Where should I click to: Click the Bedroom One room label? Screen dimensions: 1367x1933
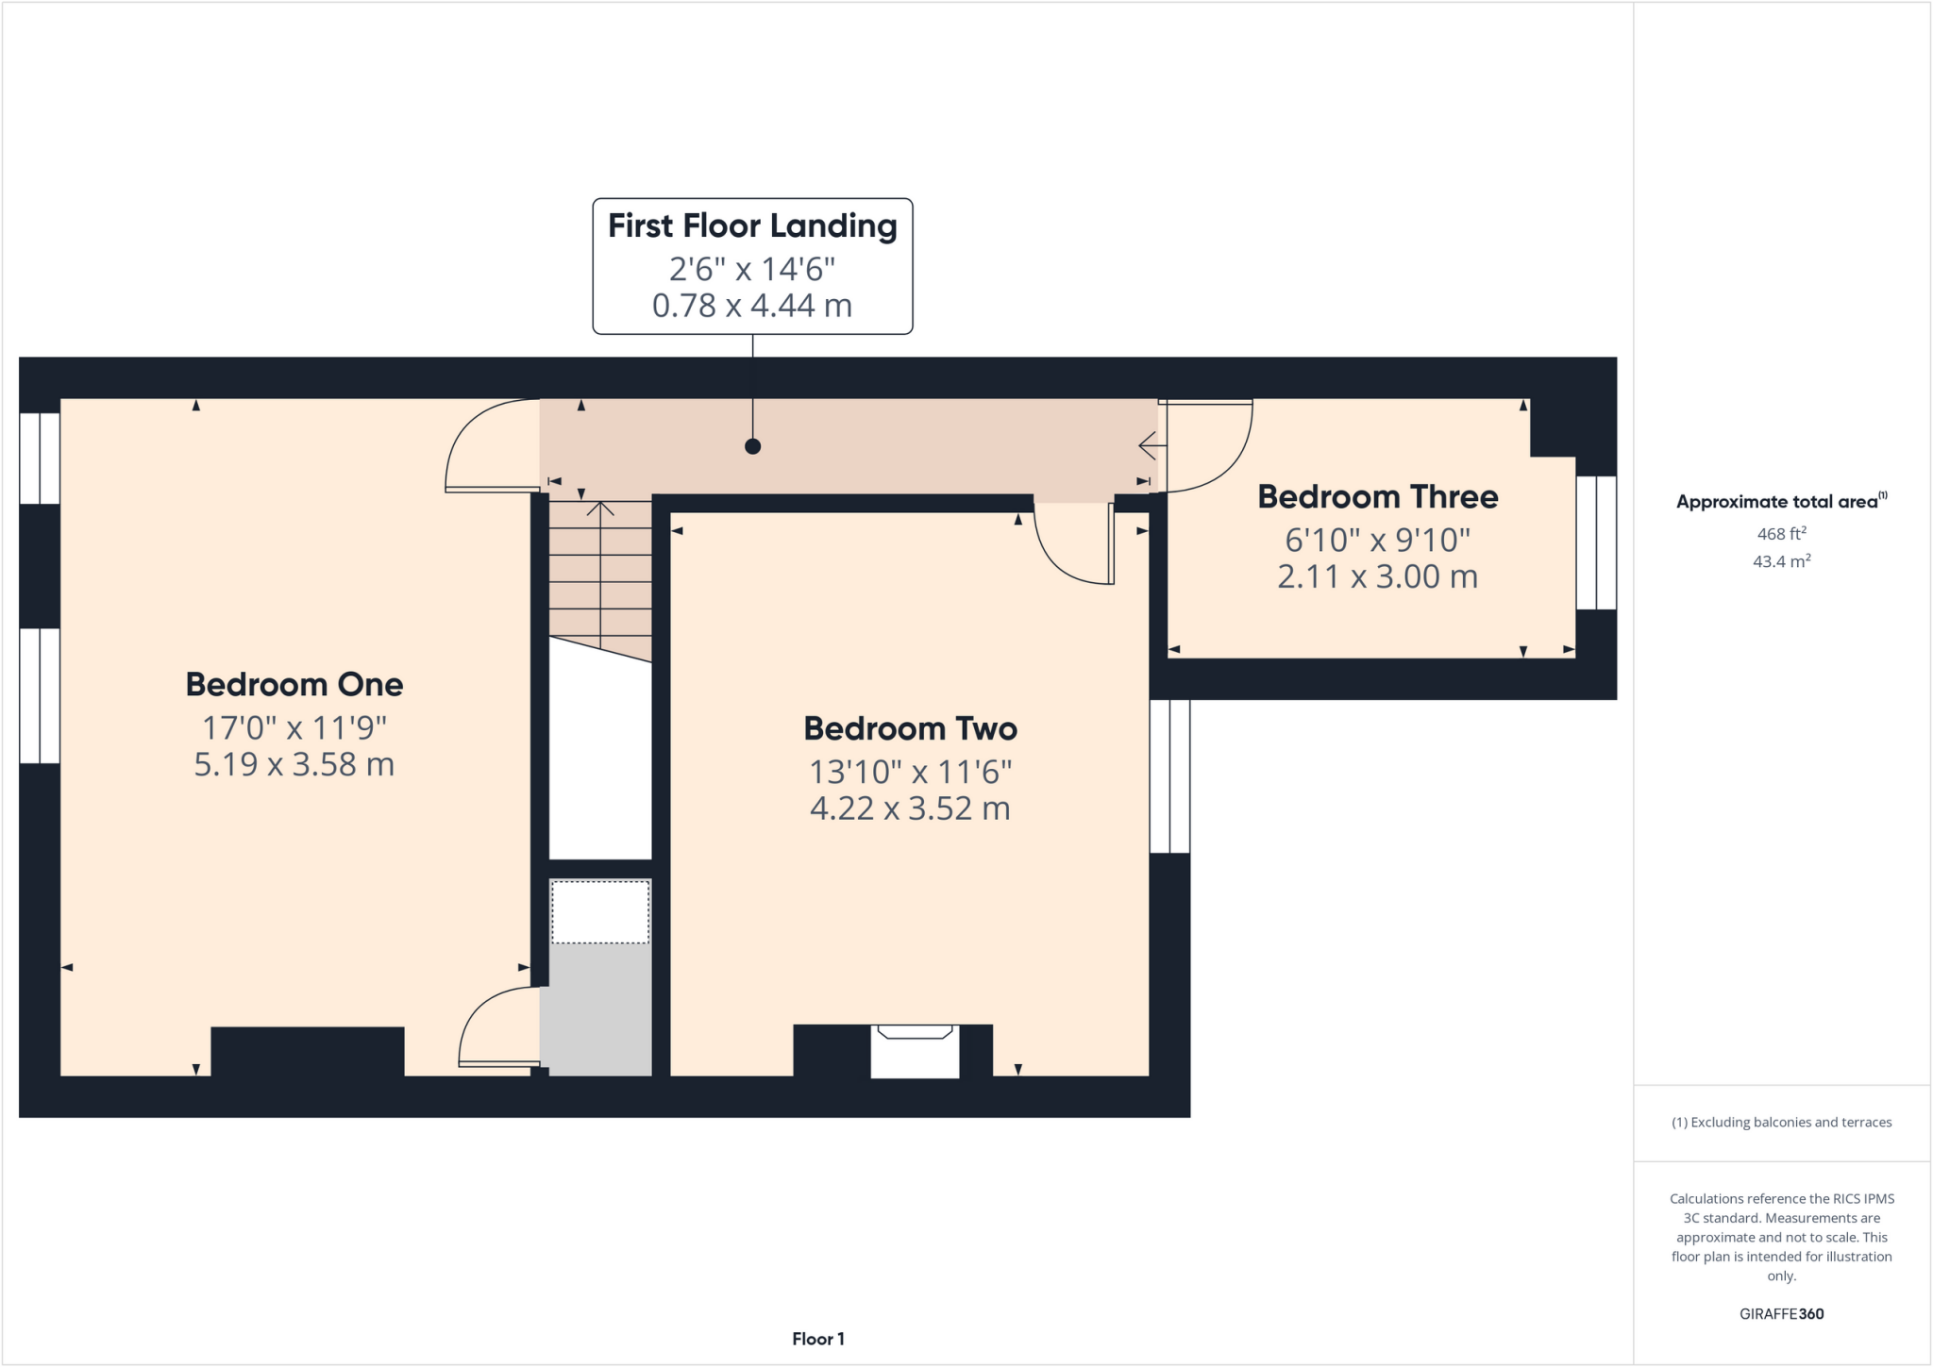coord(294,685)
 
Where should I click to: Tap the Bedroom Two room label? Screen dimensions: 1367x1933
coord(910,728)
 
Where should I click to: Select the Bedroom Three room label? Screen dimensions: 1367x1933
coord(1377,497)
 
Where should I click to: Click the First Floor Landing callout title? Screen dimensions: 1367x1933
coord(752,226)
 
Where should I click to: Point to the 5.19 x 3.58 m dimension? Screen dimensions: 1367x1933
coord(294,764)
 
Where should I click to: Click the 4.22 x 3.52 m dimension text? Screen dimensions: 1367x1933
coord(910,809)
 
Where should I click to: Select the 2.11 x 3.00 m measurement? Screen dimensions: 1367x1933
coord(1377,576)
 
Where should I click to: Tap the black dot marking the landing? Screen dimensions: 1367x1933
coord(752,446)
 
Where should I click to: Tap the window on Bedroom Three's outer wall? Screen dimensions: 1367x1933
coord(1596,542)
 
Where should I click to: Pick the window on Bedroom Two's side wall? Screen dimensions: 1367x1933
coord(1169,775)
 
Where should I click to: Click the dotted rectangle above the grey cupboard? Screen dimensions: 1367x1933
coord(600,911)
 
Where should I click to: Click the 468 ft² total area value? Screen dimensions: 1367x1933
coord(1781,534)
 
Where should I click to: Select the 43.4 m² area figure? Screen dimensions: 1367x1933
coord(1781,561)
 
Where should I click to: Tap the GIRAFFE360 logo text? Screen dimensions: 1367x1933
coord(1781,1313)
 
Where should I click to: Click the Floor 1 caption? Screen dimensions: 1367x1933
coord(817,1339)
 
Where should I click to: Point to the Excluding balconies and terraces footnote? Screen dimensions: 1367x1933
coord(1781,1123)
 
